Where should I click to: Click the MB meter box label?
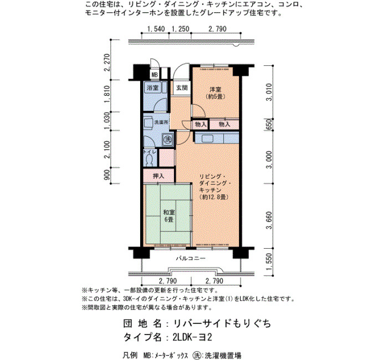pos(155,75)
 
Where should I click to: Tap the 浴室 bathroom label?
pos(152,88)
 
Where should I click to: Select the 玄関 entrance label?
pos(182,88)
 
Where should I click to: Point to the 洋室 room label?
pos(215,90)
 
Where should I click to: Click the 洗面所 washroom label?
pos(162,122)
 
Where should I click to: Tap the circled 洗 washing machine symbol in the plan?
pos(169,139)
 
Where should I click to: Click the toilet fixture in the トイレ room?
pos(149,160)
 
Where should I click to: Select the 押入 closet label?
pos(159,176)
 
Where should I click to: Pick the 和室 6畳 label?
pos(169,215)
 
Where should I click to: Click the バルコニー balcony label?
pos(191,259)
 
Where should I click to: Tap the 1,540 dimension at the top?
pos(156,29)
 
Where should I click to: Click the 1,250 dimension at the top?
pos(180,29)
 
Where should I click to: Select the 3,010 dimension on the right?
pos(269,92)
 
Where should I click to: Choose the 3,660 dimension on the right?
pos(269,220)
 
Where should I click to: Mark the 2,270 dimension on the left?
pos(107,62)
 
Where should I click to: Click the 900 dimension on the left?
pos(107,175)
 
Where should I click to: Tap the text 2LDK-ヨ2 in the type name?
pos(192,337)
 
